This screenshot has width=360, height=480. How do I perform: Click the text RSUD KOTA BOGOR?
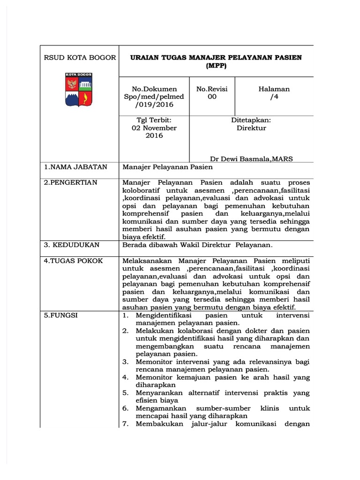80,58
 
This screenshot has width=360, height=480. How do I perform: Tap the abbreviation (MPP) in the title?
216,66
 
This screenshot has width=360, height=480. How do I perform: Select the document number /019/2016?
154,105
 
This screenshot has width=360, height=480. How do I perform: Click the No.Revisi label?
212,89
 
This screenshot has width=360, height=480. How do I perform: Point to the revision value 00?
212,97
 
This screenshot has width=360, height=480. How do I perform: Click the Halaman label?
274,89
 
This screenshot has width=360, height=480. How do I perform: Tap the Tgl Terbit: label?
154,120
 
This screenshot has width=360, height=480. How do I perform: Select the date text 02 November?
154,128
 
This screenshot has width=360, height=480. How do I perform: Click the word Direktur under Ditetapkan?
251,128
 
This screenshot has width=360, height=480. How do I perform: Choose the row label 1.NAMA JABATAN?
75,167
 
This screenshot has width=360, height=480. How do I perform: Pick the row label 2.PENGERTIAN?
71,182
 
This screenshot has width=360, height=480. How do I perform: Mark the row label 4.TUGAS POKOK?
73,261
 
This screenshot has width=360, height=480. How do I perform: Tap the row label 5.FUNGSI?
61,315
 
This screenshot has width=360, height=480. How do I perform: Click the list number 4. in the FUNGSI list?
126,377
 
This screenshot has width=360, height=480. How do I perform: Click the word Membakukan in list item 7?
159,424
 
